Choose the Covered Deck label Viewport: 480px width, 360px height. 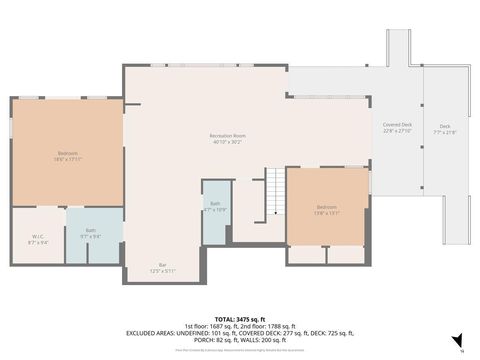pyautogui.click(x=397, y=128)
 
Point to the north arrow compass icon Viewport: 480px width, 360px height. pyautogui.click(x=456, y=340)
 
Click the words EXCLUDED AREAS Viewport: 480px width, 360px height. pyautogui.click(x=149, y=332)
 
